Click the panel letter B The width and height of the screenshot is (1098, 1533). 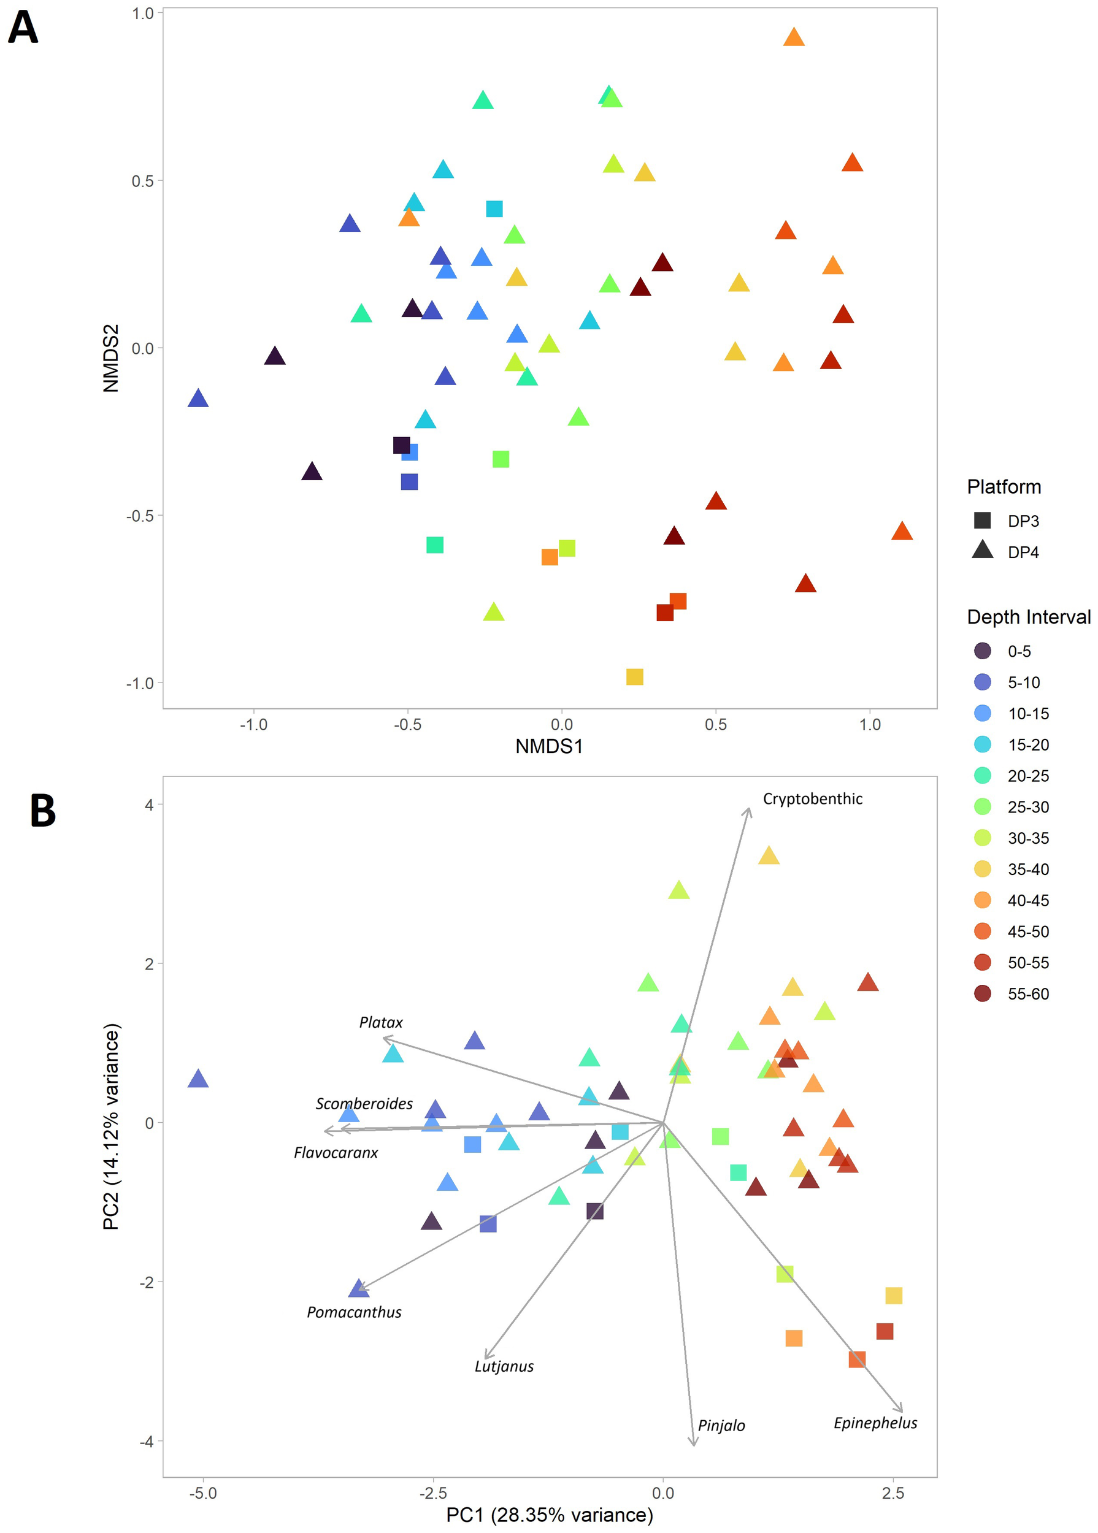(42, 811)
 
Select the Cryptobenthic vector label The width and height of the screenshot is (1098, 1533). (812, 799)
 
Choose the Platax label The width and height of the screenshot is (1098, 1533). (381, 1022)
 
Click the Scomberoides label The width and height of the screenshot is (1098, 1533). (364, 1103)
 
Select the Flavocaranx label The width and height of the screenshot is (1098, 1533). (336, 1152)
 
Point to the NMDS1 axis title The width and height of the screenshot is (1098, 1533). (548, 746)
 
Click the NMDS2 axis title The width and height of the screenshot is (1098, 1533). (111, 358)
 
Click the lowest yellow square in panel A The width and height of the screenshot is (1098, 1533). (634, 676)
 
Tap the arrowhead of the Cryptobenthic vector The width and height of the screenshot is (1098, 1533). (748, 809)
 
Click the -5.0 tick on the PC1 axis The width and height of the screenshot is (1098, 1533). (203, 1493)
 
